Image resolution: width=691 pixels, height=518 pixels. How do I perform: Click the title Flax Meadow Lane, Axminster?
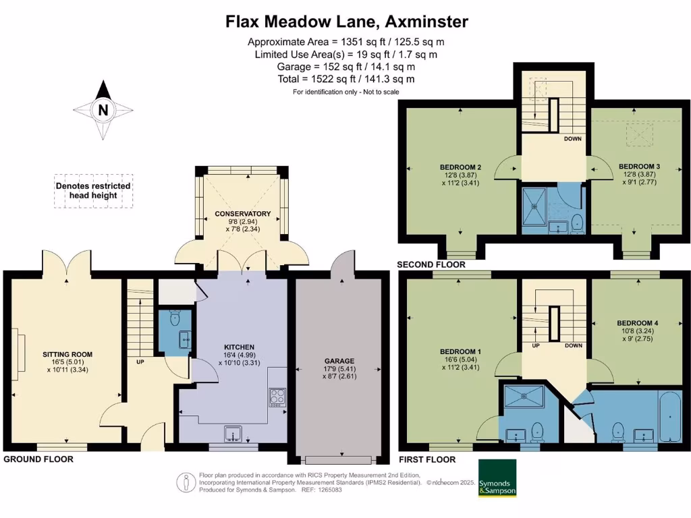pos(346,22)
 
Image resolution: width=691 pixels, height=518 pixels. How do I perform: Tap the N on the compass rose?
pos(103,110)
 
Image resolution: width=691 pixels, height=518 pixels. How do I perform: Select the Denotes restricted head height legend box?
pos(93,191)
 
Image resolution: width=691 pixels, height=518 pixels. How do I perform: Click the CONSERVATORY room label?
pos(243,214)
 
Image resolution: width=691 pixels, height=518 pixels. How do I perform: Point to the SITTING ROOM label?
pos(67,354)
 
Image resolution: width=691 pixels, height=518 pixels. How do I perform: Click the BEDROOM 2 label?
pos(460,167)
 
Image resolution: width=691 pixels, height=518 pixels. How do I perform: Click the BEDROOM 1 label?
pos(460,352)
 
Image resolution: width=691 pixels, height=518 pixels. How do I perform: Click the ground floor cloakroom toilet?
pos(174,318)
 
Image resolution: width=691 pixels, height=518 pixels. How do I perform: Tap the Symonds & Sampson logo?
pos(497,478)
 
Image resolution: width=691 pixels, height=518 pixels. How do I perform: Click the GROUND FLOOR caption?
pos(38,459)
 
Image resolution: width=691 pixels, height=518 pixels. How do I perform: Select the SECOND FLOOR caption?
pos(431,264)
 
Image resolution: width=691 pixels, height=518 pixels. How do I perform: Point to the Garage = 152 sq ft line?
pos(346,67)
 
